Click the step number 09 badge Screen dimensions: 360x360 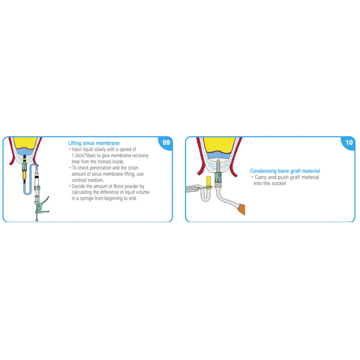click(166, 143)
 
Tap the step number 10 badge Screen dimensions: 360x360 click(349, 143)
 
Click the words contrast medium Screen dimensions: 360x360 click(84, 179)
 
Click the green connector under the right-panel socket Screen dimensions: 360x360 click(218, 182)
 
